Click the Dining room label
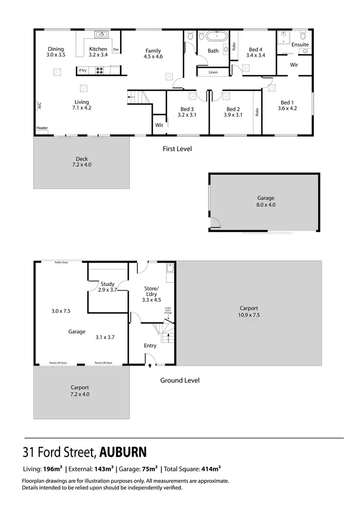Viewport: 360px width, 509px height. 56,49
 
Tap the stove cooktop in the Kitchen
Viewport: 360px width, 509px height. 100,71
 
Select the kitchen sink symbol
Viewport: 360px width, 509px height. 101,35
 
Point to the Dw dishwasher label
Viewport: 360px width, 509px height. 116,49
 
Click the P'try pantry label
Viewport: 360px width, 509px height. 83,71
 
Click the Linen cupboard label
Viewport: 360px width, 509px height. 213,72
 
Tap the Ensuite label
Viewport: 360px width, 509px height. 300,45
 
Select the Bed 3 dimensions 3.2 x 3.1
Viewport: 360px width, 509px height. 187,115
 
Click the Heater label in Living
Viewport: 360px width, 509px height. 42,128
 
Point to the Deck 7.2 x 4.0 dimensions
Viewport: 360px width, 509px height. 82,165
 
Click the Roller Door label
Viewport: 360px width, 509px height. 62,262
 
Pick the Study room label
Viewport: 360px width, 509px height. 108,284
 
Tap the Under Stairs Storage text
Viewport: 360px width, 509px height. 168,310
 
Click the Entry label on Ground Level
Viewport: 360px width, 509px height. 150,345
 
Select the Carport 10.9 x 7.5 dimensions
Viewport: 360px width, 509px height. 249,315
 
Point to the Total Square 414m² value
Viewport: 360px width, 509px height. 213,469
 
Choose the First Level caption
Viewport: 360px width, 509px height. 177,149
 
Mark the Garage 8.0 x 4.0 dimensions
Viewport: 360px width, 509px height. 266,204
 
